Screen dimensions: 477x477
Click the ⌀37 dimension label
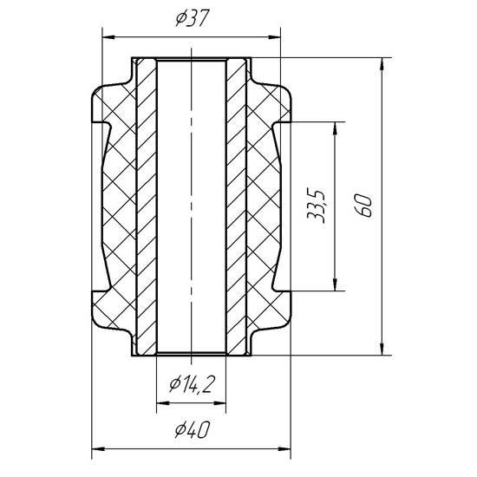point(193,18)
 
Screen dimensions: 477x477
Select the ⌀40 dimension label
point(193,429)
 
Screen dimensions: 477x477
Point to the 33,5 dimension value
point(317,206)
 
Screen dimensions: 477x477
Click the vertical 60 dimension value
point(363,206)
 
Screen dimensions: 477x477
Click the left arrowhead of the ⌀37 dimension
point(109,37)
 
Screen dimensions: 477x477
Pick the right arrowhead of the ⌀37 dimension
point(273,37)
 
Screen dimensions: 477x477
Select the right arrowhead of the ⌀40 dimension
point(284,448)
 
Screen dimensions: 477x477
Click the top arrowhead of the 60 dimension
point(382,64)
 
